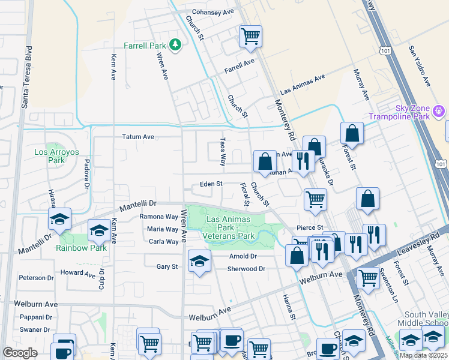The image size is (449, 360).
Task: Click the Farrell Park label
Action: click(145, 46)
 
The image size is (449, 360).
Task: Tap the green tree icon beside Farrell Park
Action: click(175, 44)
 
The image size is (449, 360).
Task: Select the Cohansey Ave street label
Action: click(212, 12)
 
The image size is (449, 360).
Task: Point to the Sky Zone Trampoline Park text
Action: click(400, 112)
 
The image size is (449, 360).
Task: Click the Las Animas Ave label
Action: click(302, 82)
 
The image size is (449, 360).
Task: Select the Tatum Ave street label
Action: click(138, 137)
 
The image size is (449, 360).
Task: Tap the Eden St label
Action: click(211, 184)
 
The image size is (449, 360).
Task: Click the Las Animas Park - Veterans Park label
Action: click(231, 227)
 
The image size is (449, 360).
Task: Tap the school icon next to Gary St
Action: click(199, 260)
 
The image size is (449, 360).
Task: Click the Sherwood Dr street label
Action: click(246, 269)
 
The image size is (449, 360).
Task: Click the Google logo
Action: click(20, 353)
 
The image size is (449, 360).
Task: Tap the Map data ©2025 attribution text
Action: click(423, 355)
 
